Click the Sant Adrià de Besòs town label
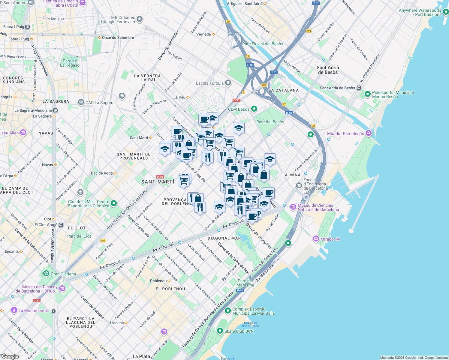point(328,70)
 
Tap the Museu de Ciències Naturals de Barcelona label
point(318,207)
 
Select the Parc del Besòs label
point(270,122)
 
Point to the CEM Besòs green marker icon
point(254,109)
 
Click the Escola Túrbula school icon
point(228,83)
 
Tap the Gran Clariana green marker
point(46,274)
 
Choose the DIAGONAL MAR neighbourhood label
point(224,238)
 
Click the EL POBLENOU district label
point(170,289)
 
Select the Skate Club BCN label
point(239,331)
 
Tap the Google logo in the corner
point(10,356)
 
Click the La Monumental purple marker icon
point(14,310)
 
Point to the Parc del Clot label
point(79,236)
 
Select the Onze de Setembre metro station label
point(118,37)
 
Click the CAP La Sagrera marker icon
point(81,102)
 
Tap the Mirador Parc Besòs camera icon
point(369,133)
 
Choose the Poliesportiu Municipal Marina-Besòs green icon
point(367,94)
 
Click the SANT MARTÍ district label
point(158,182)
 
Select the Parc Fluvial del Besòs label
point(263,44)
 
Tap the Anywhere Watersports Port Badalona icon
point(446,12)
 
